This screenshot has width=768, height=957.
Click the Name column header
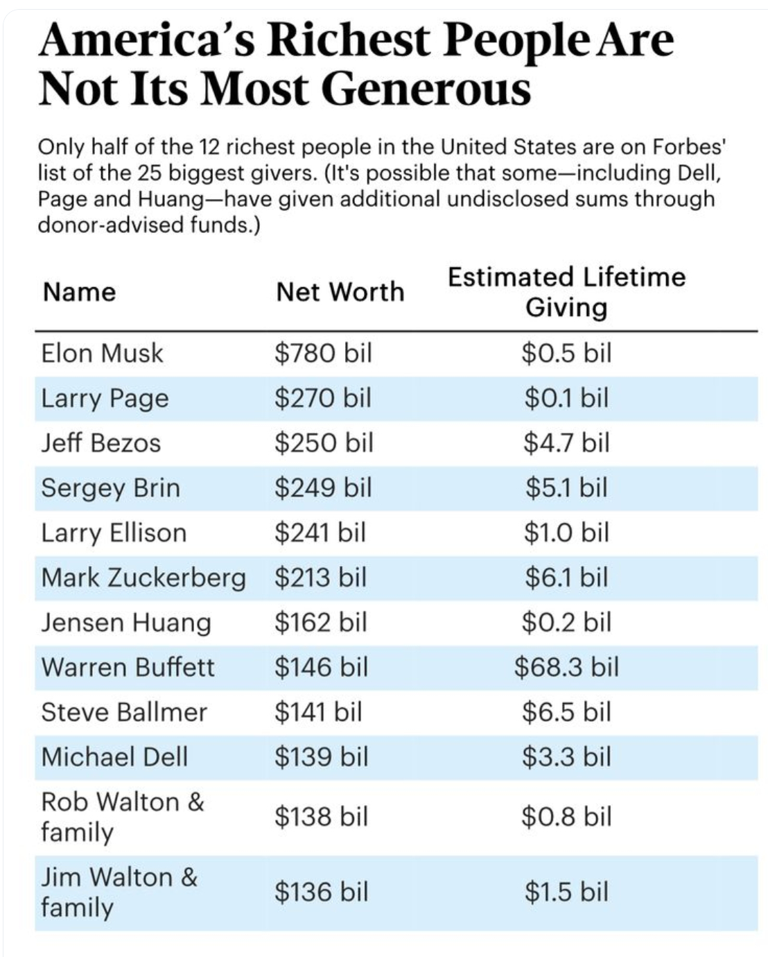[x=79, y=292]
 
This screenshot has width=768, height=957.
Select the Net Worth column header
[x=340, y=292]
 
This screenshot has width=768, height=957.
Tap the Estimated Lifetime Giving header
[x=566, y=292]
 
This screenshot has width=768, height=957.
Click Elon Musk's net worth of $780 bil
[x=323, y=354]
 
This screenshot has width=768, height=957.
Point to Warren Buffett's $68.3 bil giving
[x=566, y=667]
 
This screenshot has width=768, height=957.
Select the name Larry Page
[x=105, y=399]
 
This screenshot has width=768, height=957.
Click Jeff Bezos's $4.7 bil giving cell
[x=566, y=443]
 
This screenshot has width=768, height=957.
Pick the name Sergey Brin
[x=110, y=488]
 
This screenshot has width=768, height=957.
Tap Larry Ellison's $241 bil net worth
[x=320, y=533]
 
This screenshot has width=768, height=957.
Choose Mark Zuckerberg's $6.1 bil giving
[x=566, y=577]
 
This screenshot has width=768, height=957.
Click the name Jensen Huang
[x=125, y=622]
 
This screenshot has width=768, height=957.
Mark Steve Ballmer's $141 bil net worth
[x=318, y=712]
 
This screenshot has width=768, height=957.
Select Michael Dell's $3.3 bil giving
[x=566, y=757]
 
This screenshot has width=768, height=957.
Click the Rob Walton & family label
[x=122, y=816]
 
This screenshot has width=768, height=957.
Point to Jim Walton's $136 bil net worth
[x=321, y=892]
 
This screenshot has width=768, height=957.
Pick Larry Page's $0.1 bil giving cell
[x=566, y=399]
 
